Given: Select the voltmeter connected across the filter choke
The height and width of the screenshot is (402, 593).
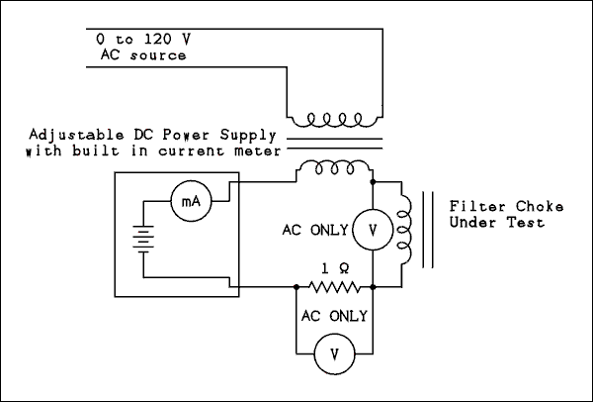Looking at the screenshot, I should [x=372, y=230].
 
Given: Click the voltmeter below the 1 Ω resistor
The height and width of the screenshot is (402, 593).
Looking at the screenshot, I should [x=334, y=353].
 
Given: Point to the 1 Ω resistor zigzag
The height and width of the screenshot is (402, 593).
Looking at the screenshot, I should [x=334, y=288].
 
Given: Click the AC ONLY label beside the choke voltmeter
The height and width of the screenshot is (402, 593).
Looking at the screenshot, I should [x=315, y=230].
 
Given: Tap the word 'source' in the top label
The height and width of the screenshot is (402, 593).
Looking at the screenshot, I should [x=159, y=54].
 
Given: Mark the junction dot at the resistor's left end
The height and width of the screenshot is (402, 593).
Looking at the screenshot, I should [x=296, y=288].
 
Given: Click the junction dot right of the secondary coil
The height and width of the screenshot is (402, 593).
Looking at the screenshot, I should [x=372, y=182].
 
